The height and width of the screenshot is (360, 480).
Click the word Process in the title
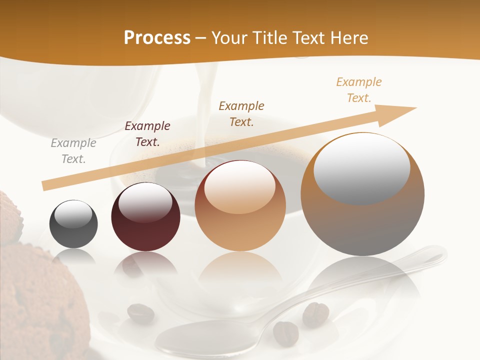157,38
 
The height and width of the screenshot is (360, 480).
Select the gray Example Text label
73,151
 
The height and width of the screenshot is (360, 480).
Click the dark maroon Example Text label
147,134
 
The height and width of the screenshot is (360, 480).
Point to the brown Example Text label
241,113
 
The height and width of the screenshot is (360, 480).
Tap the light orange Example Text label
359,90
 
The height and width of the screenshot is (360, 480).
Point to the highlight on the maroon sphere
145,202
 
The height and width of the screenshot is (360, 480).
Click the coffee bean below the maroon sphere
140,313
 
